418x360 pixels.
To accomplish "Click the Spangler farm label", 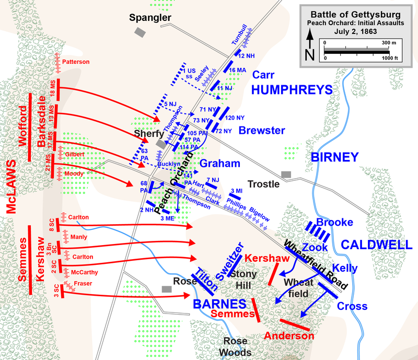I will click(x=150, y=18).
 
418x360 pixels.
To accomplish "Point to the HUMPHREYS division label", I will click(x=292, y=89).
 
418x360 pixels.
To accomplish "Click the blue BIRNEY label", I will click(x=334, y=157).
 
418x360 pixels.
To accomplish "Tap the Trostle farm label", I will click(x=263, y=184).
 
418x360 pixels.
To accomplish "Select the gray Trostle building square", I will click(x=286, y=174).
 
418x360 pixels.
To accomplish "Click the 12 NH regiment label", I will click(x=246, y=55).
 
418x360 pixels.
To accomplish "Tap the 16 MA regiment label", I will click(x=238, y=70).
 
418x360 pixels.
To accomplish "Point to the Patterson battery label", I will click(x=76, y=62).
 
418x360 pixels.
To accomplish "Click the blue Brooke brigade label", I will click(x=335, y=222).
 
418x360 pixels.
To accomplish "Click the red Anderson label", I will click(x=289, y=335).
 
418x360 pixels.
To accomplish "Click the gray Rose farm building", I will click(x=167, y=288).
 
